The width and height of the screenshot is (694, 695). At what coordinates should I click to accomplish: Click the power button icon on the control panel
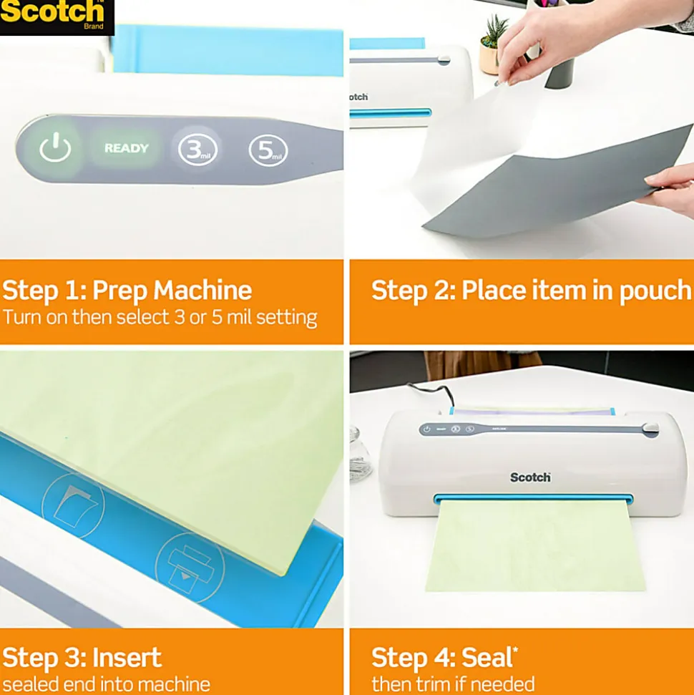[x=55, y=147]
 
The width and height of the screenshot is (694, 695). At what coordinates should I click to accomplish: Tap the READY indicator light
[x=127, y=148]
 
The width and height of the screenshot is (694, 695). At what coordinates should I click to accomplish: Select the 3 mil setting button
[x=197, y=150]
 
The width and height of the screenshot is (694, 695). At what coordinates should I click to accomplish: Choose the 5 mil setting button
[x=268, y=151]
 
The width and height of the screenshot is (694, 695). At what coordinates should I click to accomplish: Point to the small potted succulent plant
[x=493, y=44]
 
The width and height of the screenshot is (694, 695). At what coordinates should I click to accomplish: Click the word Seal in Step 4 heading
[x=486, y=657]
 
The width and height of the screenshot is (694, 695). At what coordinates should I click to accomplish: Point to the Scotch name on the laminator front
[x=530, y=477]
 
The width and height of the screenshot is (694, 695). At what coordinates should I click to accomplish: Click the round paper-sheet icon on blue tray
[x=73, y=506]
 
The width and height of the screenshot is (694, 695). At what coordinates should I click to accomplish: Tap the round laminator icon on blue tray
[x=190, y=568]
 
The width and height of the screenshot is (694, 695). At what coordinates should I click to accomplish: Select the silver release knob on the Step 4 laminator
[x=650, y=428]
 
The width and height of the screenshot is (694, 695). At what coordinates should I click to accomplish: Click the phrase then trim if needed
[x=453, y=684]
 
